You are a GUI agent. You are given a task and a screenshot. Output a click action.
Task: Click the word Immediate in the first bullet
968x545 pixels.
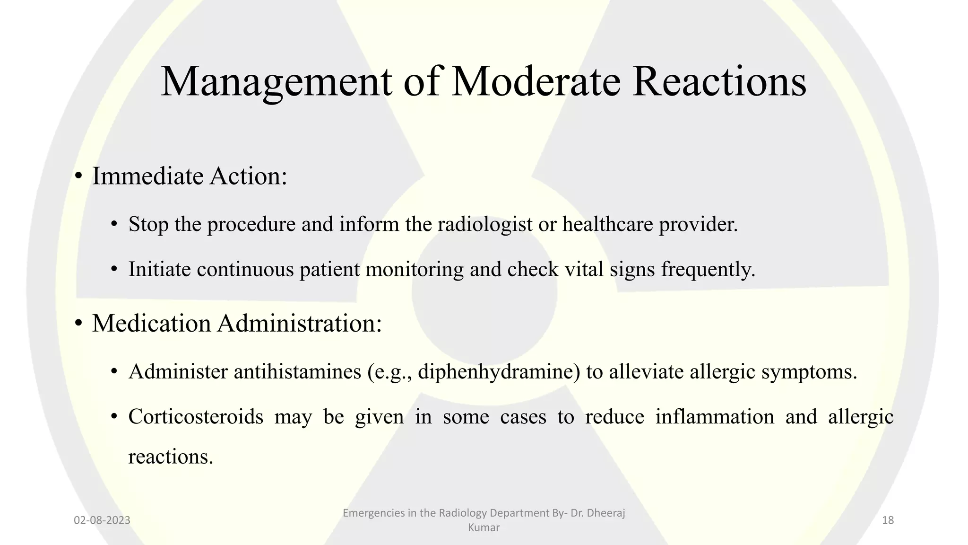coord(147,176)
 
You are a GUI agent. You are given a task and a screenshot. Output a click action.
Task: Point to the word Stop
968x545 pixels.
coord(148,224)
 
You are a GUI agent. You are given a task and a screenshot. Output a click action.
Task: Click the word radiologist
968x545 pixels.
coord(485,224)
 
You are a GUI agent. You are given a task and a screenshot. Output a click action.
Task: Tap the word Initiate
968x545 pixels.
coord(159,269)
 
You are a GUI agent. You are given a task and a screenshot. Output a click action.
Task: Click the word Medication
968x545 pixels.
coord(151,324)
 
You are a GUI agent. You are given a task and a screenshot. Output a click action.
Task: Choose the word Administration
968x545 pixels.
coord(299,324)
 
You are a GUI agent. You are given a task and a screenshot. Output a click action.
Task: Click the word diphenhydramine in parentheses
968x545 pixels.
coord(498,372)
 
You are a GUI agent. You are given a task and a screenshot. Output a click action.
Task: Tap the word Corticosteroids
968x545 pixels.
coord(196,417)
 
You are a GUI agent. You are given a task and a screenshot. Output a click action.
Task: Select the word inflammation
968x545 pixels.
coord(715,417)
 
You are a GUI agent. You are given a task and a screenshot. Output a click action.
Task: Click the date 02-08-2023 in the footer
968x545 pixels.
coord(102,520)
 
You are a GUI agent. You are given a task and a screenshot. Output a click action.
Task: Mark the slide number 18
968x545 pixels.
coord(888,520)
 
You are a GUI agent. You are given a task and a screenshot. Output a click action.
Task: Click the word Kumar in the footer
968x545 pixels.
coord(484,527)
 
